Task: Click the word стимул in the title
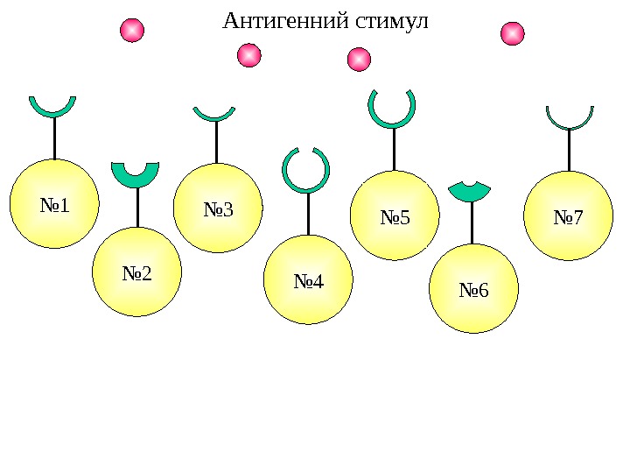(390, 20)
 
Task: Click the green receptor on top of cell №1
(52, 109)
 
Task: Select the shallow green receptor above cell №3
(214, 115)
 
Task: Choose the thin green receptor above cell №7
(570, 123)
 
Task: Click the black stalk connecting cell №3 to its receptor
(216, 142)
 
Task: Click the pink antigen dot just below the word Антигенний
(249, 56)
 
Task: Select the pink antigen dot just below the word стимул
(359, 60)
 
